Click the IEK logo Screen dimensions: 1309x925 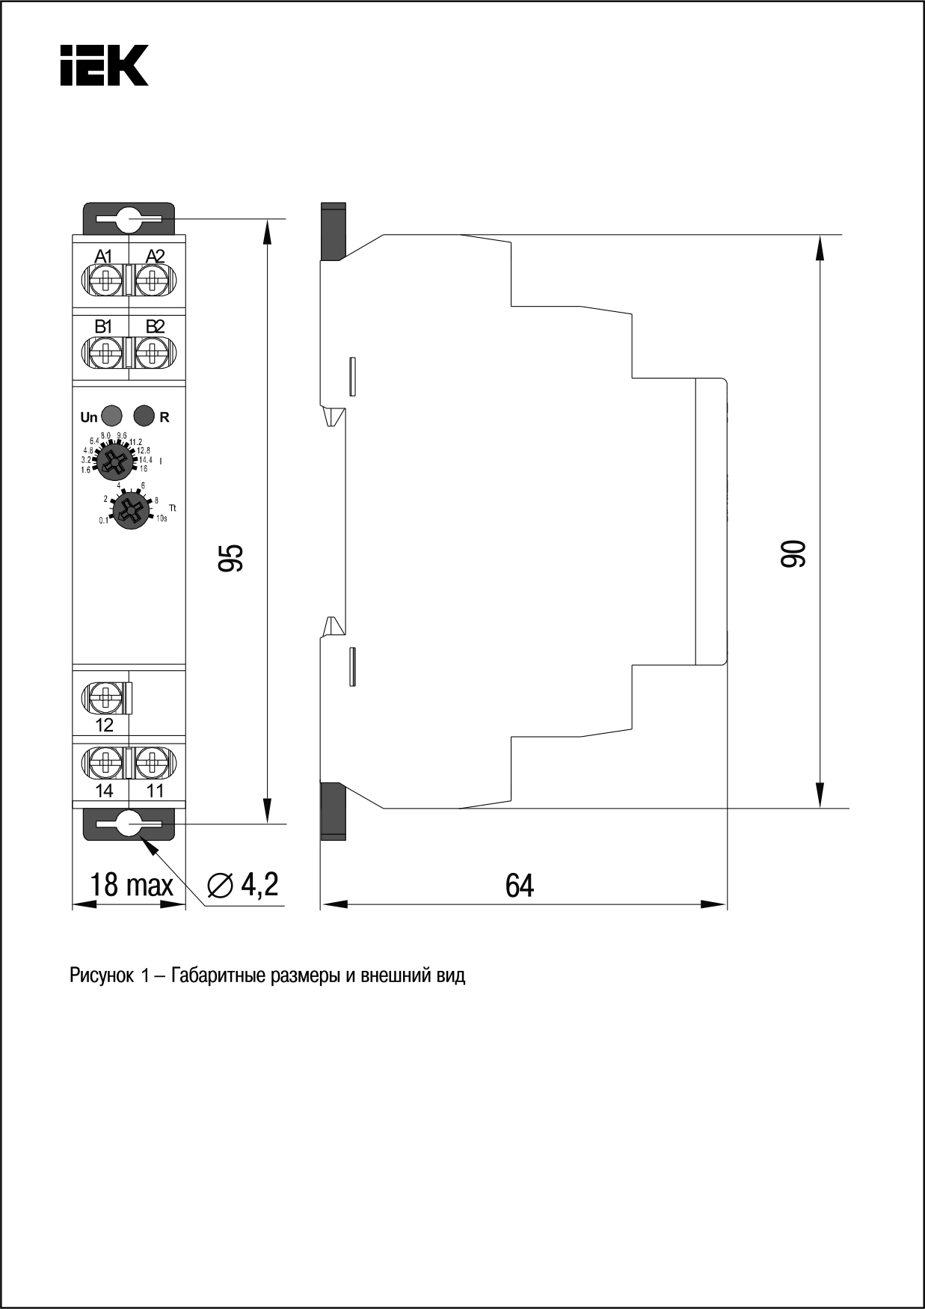pyautogui.click(x=104, y=65)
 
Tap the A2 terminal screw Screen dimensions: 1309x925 pyautogui.click(x=155, y=282)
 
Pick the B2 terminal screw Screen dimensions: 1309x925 pyautogui.click(x=155, y=351)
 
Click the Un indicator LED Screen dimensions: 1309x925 pyautogui.click(x=111, y=415)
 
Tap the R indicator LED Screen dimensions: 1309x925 pyautogui.click(x=144, y=415)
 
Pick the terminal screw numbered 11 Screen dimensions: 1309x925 pyautogui.click(x=155, y=762)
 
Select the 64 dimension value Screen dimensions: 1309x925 pyautogui.click(x=520, y=886)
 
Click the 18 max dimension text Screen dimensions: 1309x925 pyautogui.click(x=131, y=885)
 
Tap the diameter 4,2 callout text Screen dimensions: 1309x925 pyautogui.click(x=244, y=885)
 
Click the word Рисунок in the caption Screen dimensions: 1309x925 pyautogui.click(x=101, y=976)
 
